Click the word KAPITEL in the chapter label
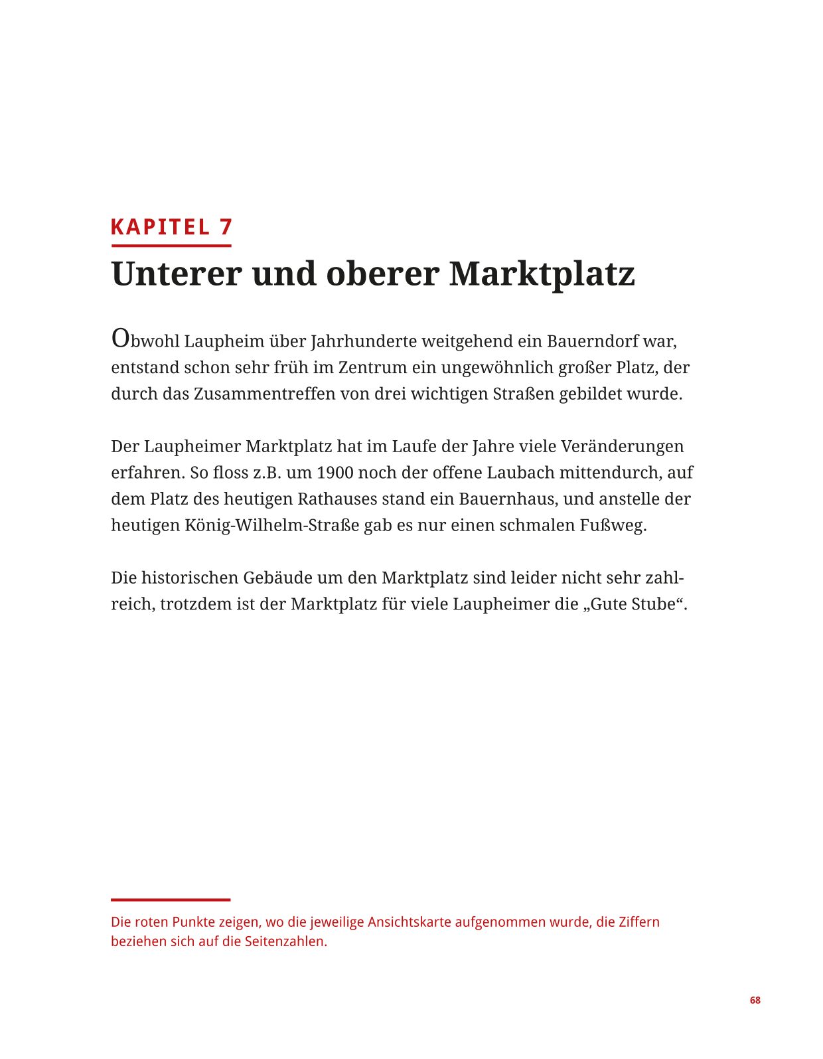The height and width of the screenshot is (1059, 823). point(160,227)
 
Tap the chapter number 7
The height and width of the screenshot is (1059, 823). point(226,227)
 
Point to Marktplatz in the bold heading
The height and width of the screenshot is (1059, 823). point(542,274)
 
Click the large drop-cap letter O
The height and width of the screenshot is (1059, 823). point(120,338)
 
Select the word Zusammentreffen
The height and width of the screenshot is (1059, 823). point(264,394)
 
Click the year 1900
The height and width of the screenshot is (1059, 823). point(335,473)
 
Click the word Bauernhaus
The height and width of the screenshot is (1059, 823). point(508,499)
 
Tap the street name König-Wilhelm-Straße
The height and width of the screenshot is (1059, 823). point(271,525)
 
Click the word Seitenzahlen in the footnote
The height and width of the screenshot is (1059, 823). point(285,941)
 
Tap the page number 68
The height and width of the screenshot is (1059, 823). point(755,1000)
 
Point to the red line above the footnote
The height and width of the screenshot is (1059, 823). point(171,900)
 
